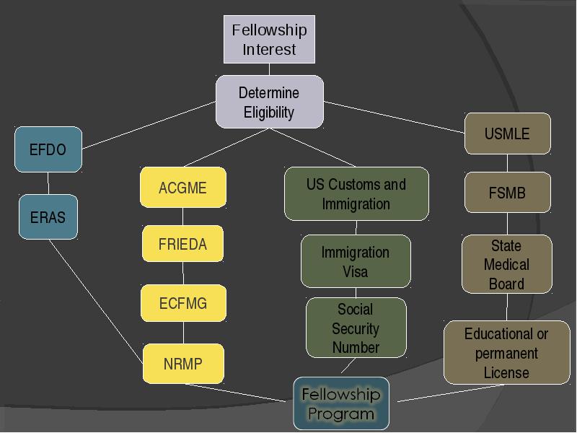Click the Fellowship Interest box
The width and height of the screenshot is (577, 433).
269,40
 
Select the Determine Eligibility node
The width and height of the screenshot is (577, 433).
269,102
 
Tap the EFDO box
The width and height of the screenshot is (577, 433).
48,149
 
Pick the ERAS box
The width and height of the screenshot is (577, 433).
48,217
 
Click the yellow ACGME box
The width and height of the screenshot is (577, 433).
183,188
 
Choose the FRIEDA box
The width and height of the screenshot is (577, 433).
183,244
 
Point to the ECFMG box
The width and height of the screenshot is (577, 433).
183,303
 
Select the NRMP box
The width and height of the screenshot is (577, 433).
183,364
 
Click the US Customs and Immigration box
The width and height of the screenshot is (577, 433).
356,193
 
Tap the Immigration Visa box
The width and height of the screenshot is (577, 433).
356,261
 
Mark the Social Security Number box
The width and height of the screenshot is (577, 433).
356,328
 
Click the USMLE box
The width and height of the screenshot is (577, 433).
508,134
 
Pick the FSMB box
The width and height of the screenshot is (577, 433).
508,193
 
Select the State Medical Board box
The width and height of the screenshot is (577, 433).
507,264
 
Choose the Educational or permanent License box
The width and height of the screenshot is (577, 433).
507,353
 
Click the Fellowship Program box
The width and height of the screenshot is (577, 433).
341,403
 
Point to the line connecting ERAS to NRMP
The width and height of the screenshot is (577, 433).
96,302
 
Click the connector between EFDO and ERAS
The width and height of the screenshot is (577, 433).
48,183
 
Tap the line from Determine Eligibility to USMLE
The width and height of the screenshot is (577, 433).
394,117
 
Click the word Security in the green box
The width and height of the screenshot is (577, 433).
356,328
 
